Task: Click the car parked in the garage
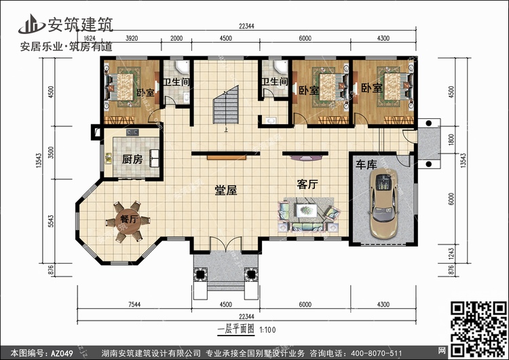pos(384,203)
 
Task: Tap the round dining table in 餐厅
pos(128,221)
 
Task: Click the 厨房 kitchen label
pos(132,159)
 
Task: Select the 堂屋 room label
pos(225,190)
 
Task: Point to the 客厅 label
pos(307,184)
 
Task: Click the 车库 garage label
pos(366,164)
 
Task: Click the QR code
pos(478,329)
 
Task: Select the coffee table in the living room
pos(307,211)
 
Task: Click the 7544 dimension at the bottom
pos(134,304)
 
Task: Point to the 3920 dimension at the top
pos(132,38)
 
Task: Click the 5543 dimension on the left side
pos(51,221)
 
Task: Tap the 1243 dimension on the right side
pos(451,255)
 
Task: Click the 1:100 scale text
pos(268,330)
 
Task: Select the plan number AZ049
pos(62,353)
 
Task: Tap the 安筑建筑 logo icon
pos(31,24)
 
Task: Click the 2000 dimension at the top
pos(176,38)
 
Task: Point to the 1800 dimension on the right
pos(451,140)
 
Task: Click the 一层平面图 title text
pos(236,329)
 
